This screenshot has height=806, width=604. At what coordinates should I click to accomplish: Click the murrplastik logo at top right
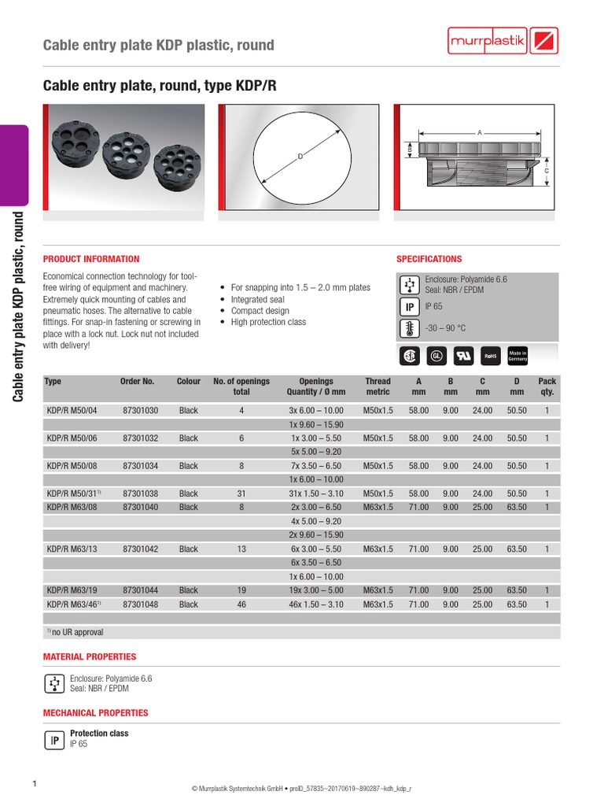pos(503,41)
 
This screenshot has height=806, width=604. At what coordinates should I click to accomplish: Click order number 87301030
pos(140,410)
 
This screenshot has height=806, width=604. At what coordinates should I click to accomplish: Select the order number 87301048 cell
pos(140,604)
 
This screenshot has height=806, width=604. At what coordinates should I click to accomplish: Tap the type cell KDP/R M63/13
pos(72,549)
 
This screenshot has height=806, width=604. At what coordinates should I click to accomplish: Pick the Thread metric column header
pos(377,386)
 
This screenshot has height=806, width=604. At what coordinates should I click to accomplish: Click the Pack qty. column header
pos(547,386)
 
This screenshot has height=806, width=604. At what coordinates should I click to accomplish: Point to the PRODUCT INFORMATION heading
pos(91,259)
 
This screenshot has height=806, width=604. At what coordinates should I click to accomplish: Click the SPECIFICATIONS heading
pos(429,259)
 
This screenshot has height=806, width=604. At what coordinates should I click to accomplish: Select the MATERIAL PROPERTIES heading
pos(90,656)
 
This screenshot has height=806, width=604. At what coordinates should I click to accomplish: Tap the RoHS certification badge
pos(490,356)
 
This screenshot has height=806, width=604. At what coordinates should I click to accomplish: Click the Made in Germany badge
pos(517,356)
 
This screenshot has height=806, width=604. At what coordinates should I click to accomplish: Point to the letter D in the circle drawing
pos(300,157)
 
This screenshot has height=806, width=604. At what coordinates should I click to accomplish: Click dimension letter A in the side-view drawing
pos(479,132)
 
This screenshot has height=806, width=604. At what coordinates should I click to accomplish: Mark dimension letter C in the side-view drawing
pos(547,171)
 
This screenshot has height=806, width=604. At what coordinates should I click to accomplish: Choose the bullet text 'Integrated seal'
pos(257,300)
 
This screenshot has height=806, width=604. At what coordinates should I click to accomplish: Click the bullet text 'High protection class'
pos(268,322)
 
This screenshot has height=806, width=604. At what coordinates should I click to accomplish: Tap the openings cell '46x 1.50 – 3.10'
pos(316,604)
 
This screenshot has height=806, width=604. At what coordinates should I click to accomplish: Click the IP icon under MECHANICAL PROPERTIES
pos(54,740)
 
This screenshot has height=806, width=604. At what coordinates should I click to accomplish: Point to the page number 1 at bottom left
pos(35,784)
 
